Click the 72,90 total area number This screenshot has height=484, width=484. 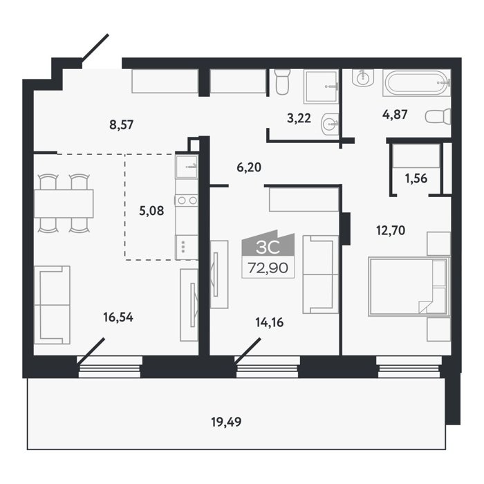[x=268, y=268]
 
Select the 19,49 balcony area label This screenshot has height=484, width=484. [x=226, y=422]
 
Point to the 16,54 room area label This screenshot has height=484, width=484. [x=118, y=317]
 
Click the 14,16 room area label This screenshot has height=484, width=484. [x=270, y=323]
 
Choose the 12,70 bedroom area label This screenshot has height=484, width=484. [x=391, y=230]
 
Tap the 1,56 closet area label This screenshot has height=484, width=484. [x=416, y=178]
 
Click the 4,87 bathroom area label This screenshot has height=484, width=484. [x=395, y=115]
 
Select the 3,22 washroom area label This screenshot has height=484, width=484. [x=299, y=118]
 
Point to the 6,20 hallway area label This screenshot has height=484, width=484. [x=249, y=167]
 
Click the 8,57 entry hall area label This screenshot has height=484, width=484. [x=121, y=124]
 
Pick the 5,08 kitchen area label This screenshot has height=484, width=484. [x=151, y=211]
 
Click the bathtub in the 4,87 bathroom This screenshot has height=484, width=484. [x=417, y=83]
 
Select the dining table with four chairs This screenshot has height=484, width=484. [x=64, y=203]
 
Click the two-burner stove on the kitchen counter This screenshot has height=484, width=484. [x=187, y=201]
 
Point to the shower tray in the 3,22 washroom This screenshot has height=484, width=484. [x=321, y=86]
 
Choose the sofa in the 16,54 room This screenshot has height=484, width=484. [x=52, y=305]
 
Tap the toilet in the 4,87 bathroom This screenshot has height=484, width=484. [x=438, y=117]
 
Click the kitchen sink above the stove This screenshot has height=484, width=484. [x=187, y=167]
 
